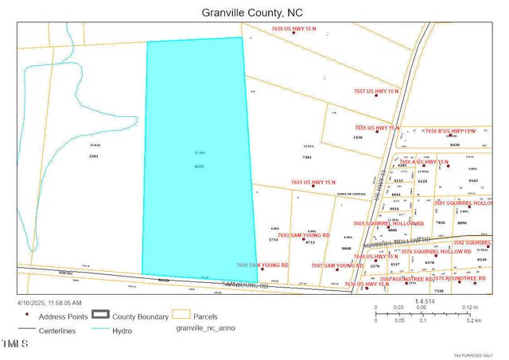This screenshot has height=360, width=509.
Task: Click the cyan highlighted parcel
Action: pyautogui.click(x=199, y=159)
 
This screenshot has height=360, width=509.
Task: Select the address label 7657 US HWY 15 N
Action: pyautogui.click(x=380, y=92)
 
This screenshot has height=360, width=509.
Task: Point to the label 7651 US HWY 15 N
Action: pyautogui.click(x=318, y=182)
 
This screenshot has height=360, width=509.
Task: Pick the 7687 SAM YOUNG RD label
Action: pyautogui.click(x=336, y=265)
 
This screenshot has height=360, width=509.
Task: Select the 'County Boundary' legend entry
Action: pyautogui.click(x=140, y=316)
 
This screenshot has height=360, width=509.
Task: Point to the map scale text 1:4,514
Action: pyautogui.click(x=426, y=301)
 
